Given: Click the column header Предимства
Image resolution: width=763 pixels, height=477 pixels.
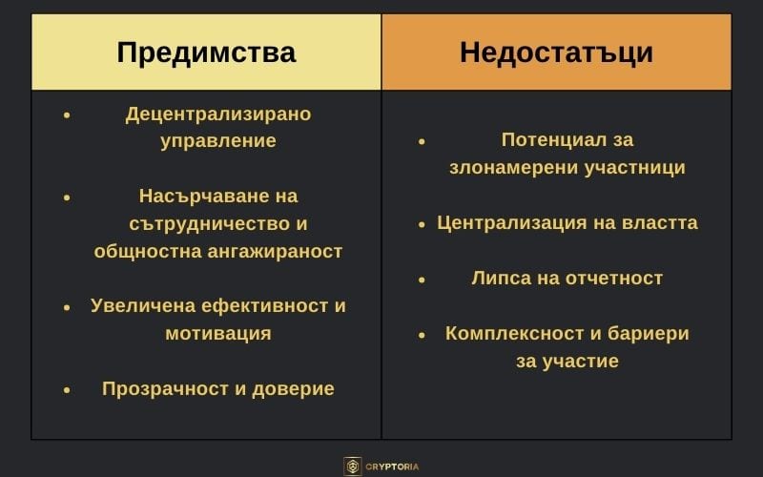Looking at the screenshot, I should point(206,52).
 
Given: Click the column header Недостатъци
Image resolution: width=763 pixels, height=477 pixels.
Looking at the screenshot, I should point(556,52).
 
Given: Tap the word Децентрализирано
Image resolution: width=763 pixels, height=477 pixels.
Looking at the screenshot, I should point(218,114).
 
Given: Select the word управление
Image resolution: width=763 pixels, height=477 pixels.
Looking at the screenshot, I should point(218,141).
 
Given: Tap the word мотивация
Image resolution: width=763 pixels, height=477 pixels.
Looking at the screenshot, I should point(218,334).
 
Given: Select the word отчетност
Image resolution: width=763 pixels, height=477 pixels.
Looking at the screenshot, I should point(613,279).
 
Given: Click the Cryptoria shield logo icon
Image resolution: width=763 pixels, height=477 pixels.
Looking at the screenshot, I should point(353,467).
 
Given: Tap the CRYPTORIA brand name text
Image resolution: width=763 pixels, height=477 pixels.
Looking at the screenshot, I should point(393,467).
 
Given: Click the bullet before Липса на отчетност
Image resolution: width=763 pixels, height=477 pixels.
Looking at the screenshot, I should point(422,280).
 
